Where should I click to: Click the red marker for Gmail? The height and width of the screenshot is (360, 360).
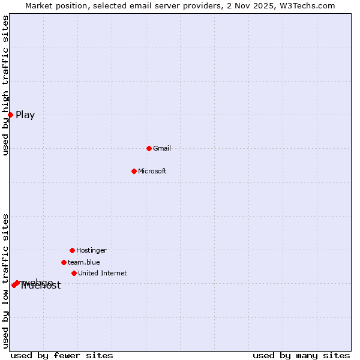pyautogui.click(x=149, y=148)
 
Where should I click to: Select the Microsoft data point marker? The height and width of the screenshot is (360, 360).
pyautogui.click(x=134, y=171)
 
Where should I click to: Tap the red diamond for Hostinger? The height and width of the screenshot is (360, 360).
pyautogui.click(x=72, y=250)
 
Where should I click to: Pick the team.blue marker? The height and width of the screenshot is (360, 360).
pyautogui.click(x=64, y=262)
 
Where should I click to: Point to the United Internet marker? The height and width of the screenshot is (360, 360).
pyautogui.click(x=74, y=273)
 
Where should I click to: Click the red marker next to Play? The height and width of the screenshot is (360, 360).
pyautogui.click(x=10, y=115)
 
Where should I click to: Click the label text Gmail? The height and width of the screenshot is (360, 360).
pyautogui.click(x=162, y=148)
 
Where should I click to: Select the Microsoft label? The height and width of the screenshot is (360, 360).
pyautogui.click(x=152, y=171)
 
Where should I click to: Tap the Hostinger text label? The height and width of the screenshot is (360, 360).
pyautogui.click(x=91, y=250)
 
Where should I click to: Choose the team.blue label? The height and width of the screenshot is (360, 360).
pyautogui.click(x=84, y=262)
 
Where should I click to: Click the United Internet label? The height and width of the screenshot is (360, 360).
pyautogui.click(x=103, y=273)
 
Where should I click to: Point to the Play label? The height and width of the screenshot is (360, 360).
pyautogui.click(x=25, y=115)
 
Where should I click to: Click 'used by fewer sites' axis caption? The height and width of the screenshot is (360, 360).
pyautogui.click(x=62, y=355)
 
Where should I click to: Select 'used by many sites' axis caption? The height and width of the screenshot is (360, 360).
pyautogui.click(x=301, y=355)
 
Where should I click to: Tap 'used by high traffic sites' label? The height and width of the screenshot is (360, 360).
pyautogui.click(x=5, y=86)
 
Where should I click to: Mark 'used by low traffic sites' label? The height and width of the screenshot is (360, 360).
pyautogui.click(x=5, y=281)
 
